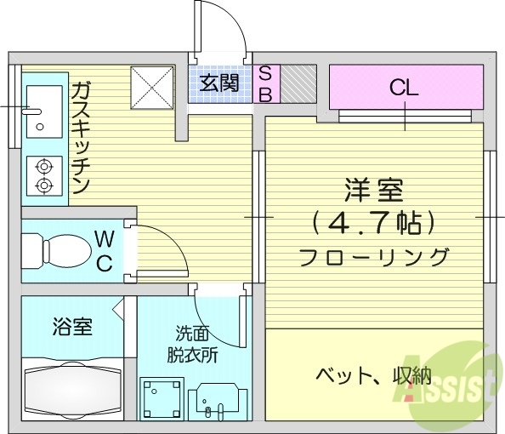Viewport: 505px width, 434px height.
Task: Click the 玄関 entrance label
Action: point(219,83)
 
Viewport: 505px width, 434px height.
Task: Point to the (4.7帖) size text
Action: point(373,223)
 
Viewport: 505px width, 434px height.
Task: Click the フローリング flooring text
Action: point(373,255)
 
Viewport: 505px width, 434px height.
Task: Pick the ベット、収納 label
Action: point(374,374)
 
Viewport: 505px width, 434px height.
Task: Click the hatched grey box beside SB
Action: point(298,83)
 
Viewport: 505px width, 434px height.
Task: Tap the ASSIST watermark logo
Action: point(450,383)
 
